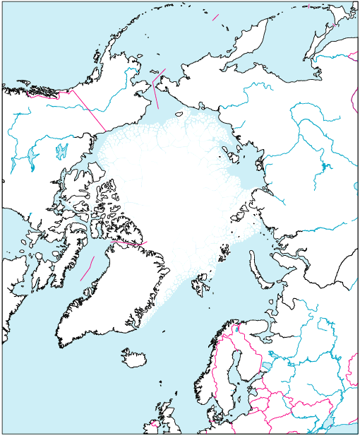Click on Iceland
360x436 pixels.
click(x=133, y=358)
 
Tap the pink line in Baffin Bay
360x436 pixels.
click(x=87, y=269)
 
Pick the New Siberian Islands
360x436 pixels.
click(x=229, y=151)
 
